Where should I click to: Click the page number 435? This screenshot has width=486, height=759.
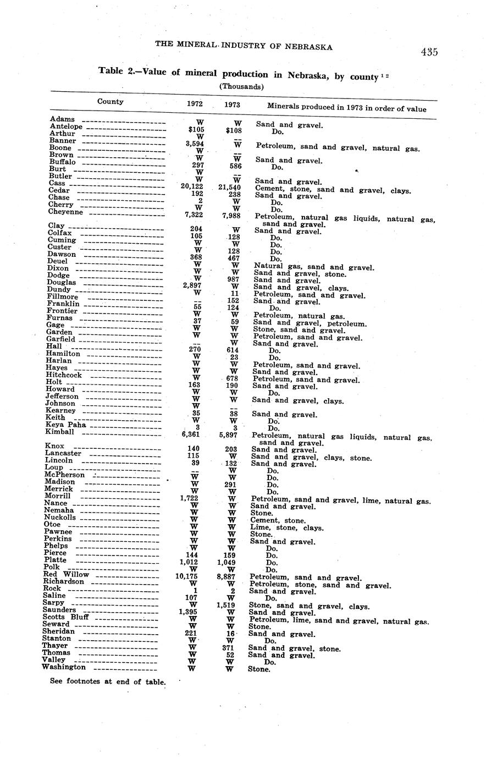tap(429, 52)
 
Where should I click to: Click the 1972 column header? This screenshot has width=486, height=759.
tap(195, 104)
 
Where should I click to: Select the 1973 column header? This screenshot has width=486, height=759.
tap(232, 105)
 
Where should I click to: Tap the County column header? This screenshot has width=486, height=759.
tap(111, 101)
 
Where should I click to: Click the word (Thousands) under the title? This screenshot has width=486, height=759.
tap(242, 86)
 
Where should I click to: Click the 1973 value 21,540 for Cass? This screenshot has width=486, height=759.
tap(234, 188)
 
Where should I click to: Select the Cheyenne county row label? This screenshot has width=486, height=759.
tap(65, 212)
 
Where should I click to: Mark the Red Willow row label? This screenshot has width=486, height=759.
tap(66, 574)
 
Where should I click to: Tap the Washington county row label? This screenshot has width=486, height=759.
tap(64, 667)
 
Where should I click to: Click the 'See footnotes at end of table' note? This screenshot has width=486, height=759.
tap(108, 682)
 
